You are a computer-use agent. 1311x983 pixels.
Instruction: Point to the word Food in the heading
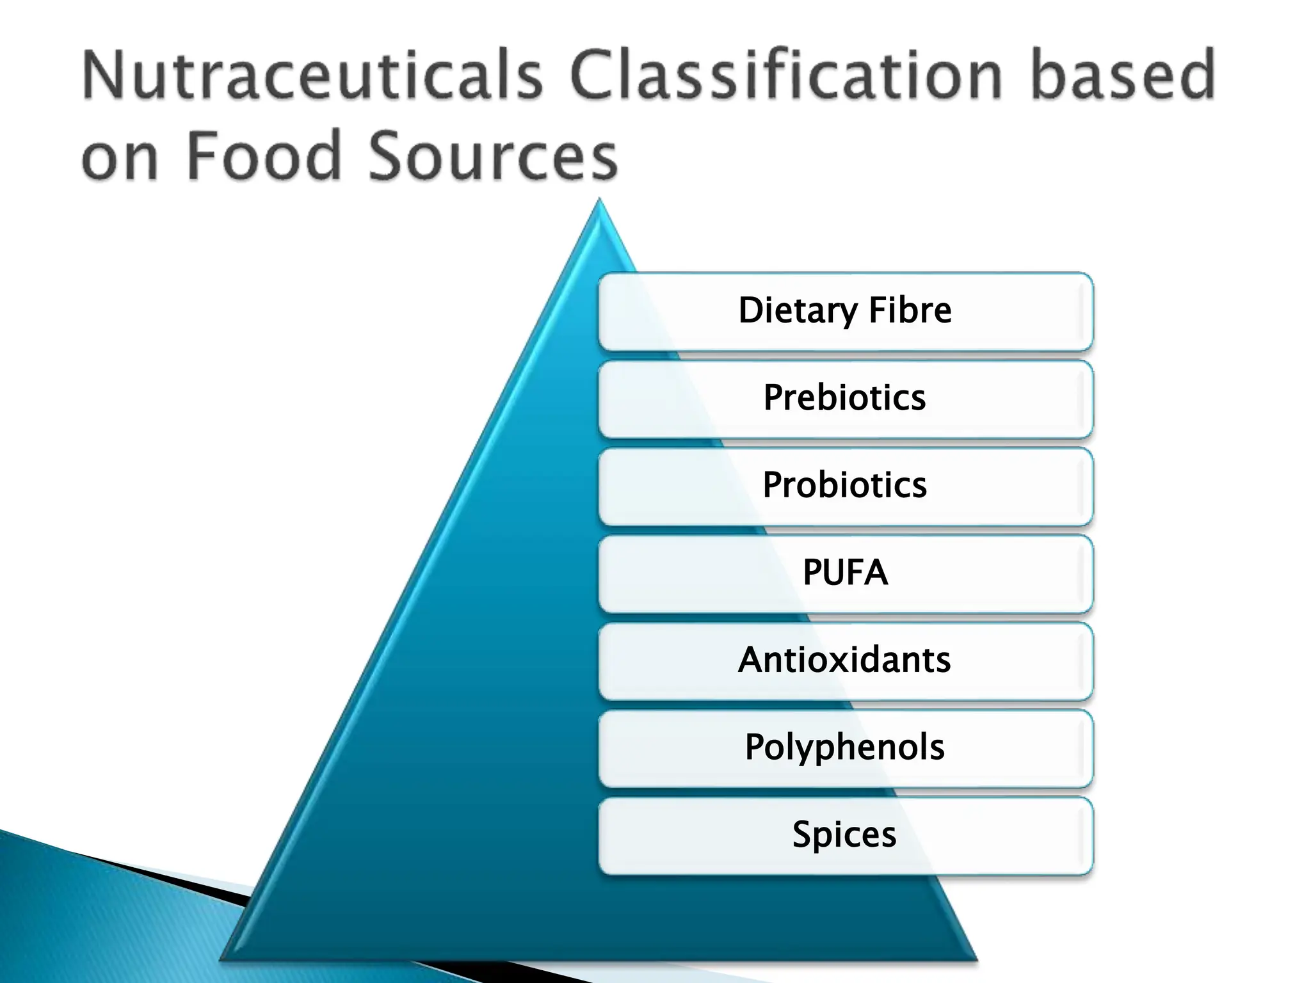pyautogui.click(x=262, y=156)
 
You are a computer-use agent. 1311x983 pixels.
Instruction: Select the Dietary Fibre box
pyautogui.click(x=845, y=312)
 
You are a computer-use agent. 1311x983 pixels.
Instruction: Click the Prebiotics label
pyautogui.click(x=844, y=397)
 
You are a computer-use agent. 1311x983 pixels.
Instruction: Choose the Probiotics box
pyautogui.click(x=845, y=486)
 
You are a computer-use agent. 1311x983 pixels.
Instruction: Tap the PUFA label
pyautogui.click(x=845, y=572)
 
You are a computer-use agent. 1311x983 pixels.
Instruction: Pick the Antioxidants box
pyautogui.click(x=845, y=661)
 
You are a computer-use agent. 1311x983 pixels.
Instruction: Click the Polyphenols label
pyautogui.click(x=844, y=747)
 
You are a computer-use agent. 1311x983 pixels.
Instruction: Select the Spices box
pyautogui.click(x=845, y=836)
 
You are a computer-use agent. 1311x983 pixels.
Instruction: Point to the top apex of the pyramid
pyautogui.click(x=599, y=201)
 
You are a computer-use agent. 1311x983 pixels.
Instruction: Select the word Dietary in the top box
pyautogui.click(x=798, y=311)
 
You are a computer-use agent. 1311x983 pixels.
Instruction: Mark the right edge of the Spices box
pyautogui.click(x=1091, y=836)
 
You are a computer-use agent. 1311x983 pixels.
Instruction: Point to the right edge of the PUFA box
pyautogui.click(x=1091, y=573)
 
